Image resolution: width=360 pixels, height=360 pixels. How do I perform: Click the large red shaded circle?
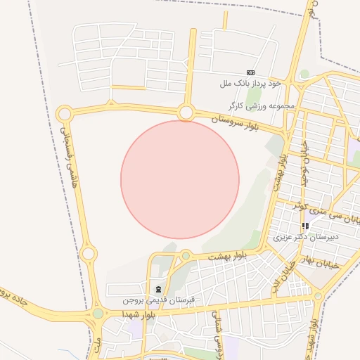point(180,179)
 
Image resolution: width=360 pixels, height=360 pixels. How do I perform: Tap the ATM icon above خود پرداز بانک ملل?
point(250,72)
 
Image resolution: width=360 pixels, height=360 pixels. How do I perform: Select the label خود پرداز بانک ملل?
point(250,83)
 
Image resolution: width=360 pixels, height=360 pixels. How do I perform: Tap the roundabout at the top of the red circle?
point(186,112)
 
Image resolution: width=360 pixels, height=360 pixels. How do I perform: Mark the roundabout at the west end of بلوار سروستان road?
point(65,112)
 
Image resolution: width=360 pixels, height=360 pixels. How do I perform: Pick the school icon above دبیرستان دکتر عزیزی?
point(305,226)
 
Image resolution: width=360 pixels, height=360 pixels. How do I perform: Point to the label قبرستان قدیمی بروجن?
point(157,300)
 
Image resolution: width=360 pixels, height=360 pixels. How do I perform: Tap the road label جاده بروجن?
point(15,300)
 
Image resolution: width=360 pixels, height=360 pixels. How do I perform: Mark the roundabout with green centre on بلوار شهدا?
point(98,314)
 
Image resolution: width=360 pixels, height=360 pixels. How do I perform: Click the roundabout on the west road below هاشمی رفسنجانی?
point(89,253)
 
